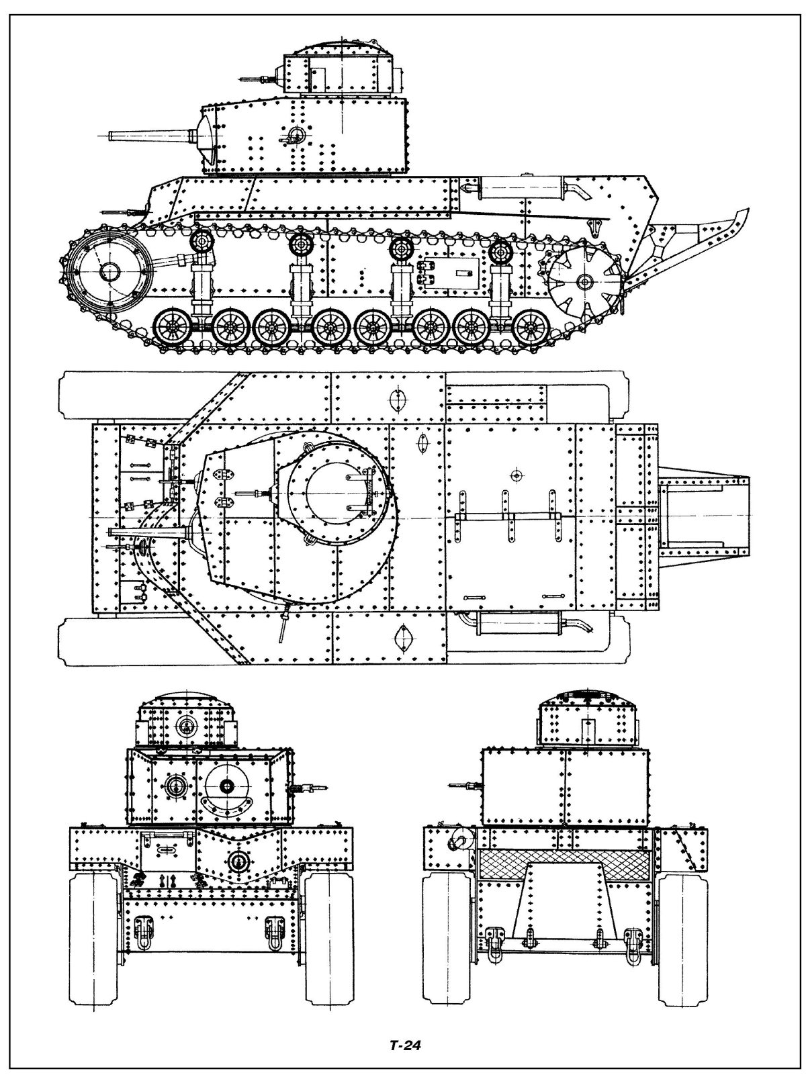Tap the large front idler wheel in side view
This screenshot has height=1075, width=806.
click(x=107, y=272)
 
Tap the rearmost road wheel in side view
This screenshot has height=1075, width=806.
click(x=535, y=328)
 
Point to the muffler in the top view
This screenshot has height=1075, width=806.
click(x=517, y=622)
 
